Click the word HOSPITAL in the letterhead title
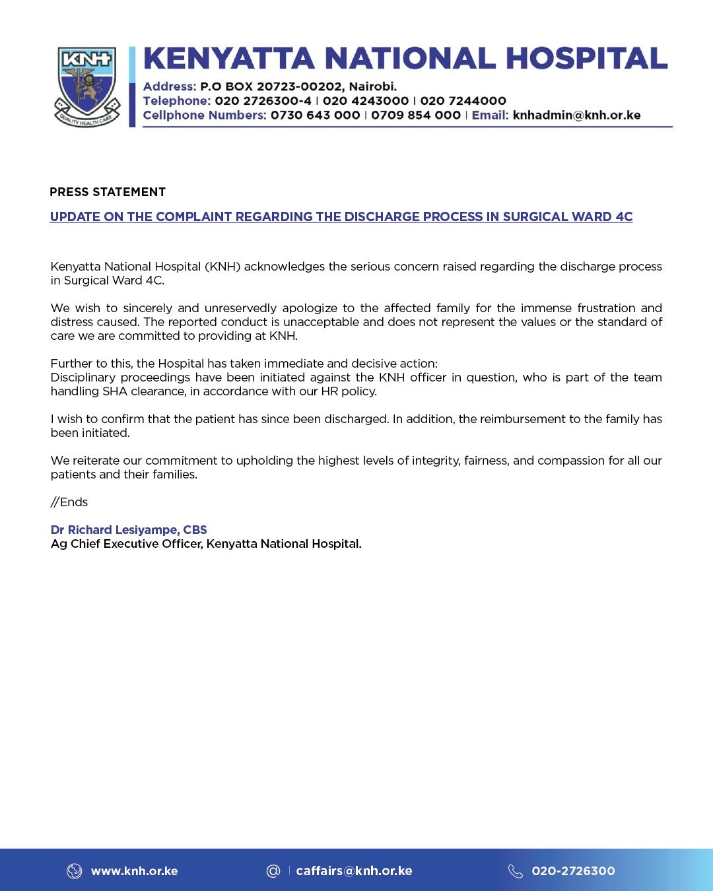586,59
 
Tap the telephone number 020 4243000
366,101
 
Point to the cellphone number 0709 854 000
415,115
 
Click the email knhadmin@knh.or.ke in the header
576,115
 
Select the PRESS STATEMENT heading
108,192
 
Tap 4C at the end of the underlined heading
623,217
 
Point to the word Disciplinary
83,378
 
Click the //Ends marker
69,502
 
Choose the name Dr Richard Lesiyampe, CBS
129,530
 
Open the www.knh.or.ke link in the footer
134,871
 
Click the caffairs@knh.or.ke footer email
354,871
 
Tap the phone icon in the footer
516,871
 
